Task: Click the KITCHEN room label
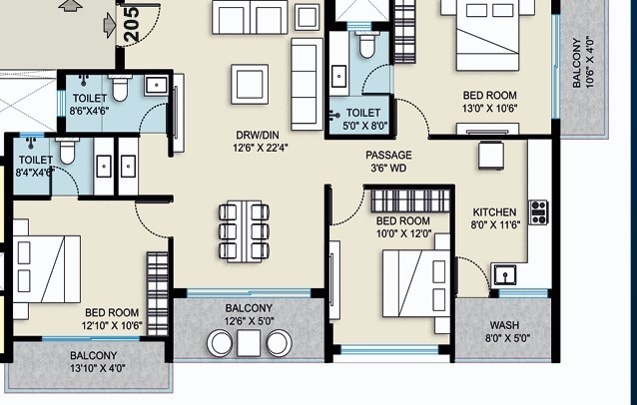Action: (494, 212)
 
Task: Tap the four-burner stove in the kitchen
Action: (539, 212)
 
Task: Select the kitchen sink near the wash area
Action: (505, 275)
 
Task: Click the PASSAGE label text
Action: (388, 155)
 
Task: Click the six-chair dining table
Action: (244, 231)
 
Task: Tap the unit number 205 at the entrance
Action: (132, 24)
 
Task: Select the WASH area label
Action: (504, 325)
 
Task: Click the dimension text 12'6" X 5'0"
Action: (249, 321)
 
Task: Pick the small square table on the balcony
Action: (249, 343)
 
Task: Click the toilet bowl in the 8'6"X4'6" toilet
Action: (120, 88)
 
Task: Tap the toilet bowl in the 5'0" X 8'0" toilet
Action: (366, 45)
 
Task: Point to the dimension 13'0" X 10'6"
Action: (490, 109)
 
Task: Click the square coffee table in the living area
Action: (250, 84)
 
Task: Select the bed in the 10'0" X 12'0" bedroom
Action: (416, 283)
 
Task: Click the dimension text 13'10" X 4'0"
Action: (98, 368)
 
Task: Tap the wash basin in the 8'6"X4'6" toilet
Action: (156, 86)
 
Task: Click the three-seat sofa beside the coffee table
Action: (307, 84)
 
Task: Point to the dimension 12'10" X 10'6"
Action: (112, 326)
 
